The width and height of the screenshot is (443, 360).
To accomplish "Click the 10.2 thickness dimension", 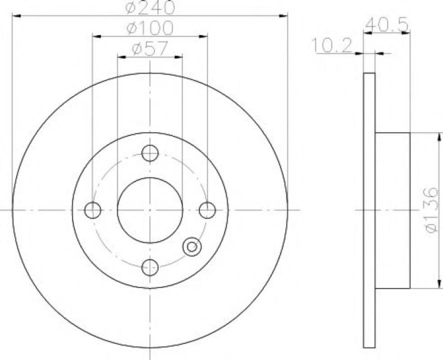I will click(332, 45).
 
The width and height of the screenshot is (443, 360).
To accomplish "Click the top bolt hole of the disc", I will click(150, 153).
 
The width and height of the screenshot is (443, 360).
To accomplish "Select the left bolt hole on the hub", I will click(93, 210).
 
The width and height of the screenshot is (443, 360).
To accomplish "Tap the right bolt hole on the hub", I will click(207, 210).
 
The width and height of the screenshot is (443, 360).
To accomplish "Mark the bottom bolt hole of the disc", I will click(150, 267).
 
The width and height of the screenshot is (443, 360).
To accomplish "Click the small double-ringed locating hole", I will click(191, 246).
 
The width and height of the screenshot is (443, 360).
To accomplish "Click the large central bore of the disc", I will click(150, 210).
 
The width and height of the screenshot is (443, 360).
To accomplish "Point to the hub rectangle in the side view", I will click(392, 210).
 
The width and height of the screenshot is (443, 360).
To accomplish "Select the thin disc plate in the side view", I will click(369, 210).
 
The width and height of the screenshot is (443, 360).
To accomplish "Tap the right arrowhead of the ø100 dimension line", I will click(203, 36).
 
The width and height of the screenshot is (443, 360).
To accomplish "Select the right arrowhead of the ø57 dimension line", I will click(178, 57).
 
